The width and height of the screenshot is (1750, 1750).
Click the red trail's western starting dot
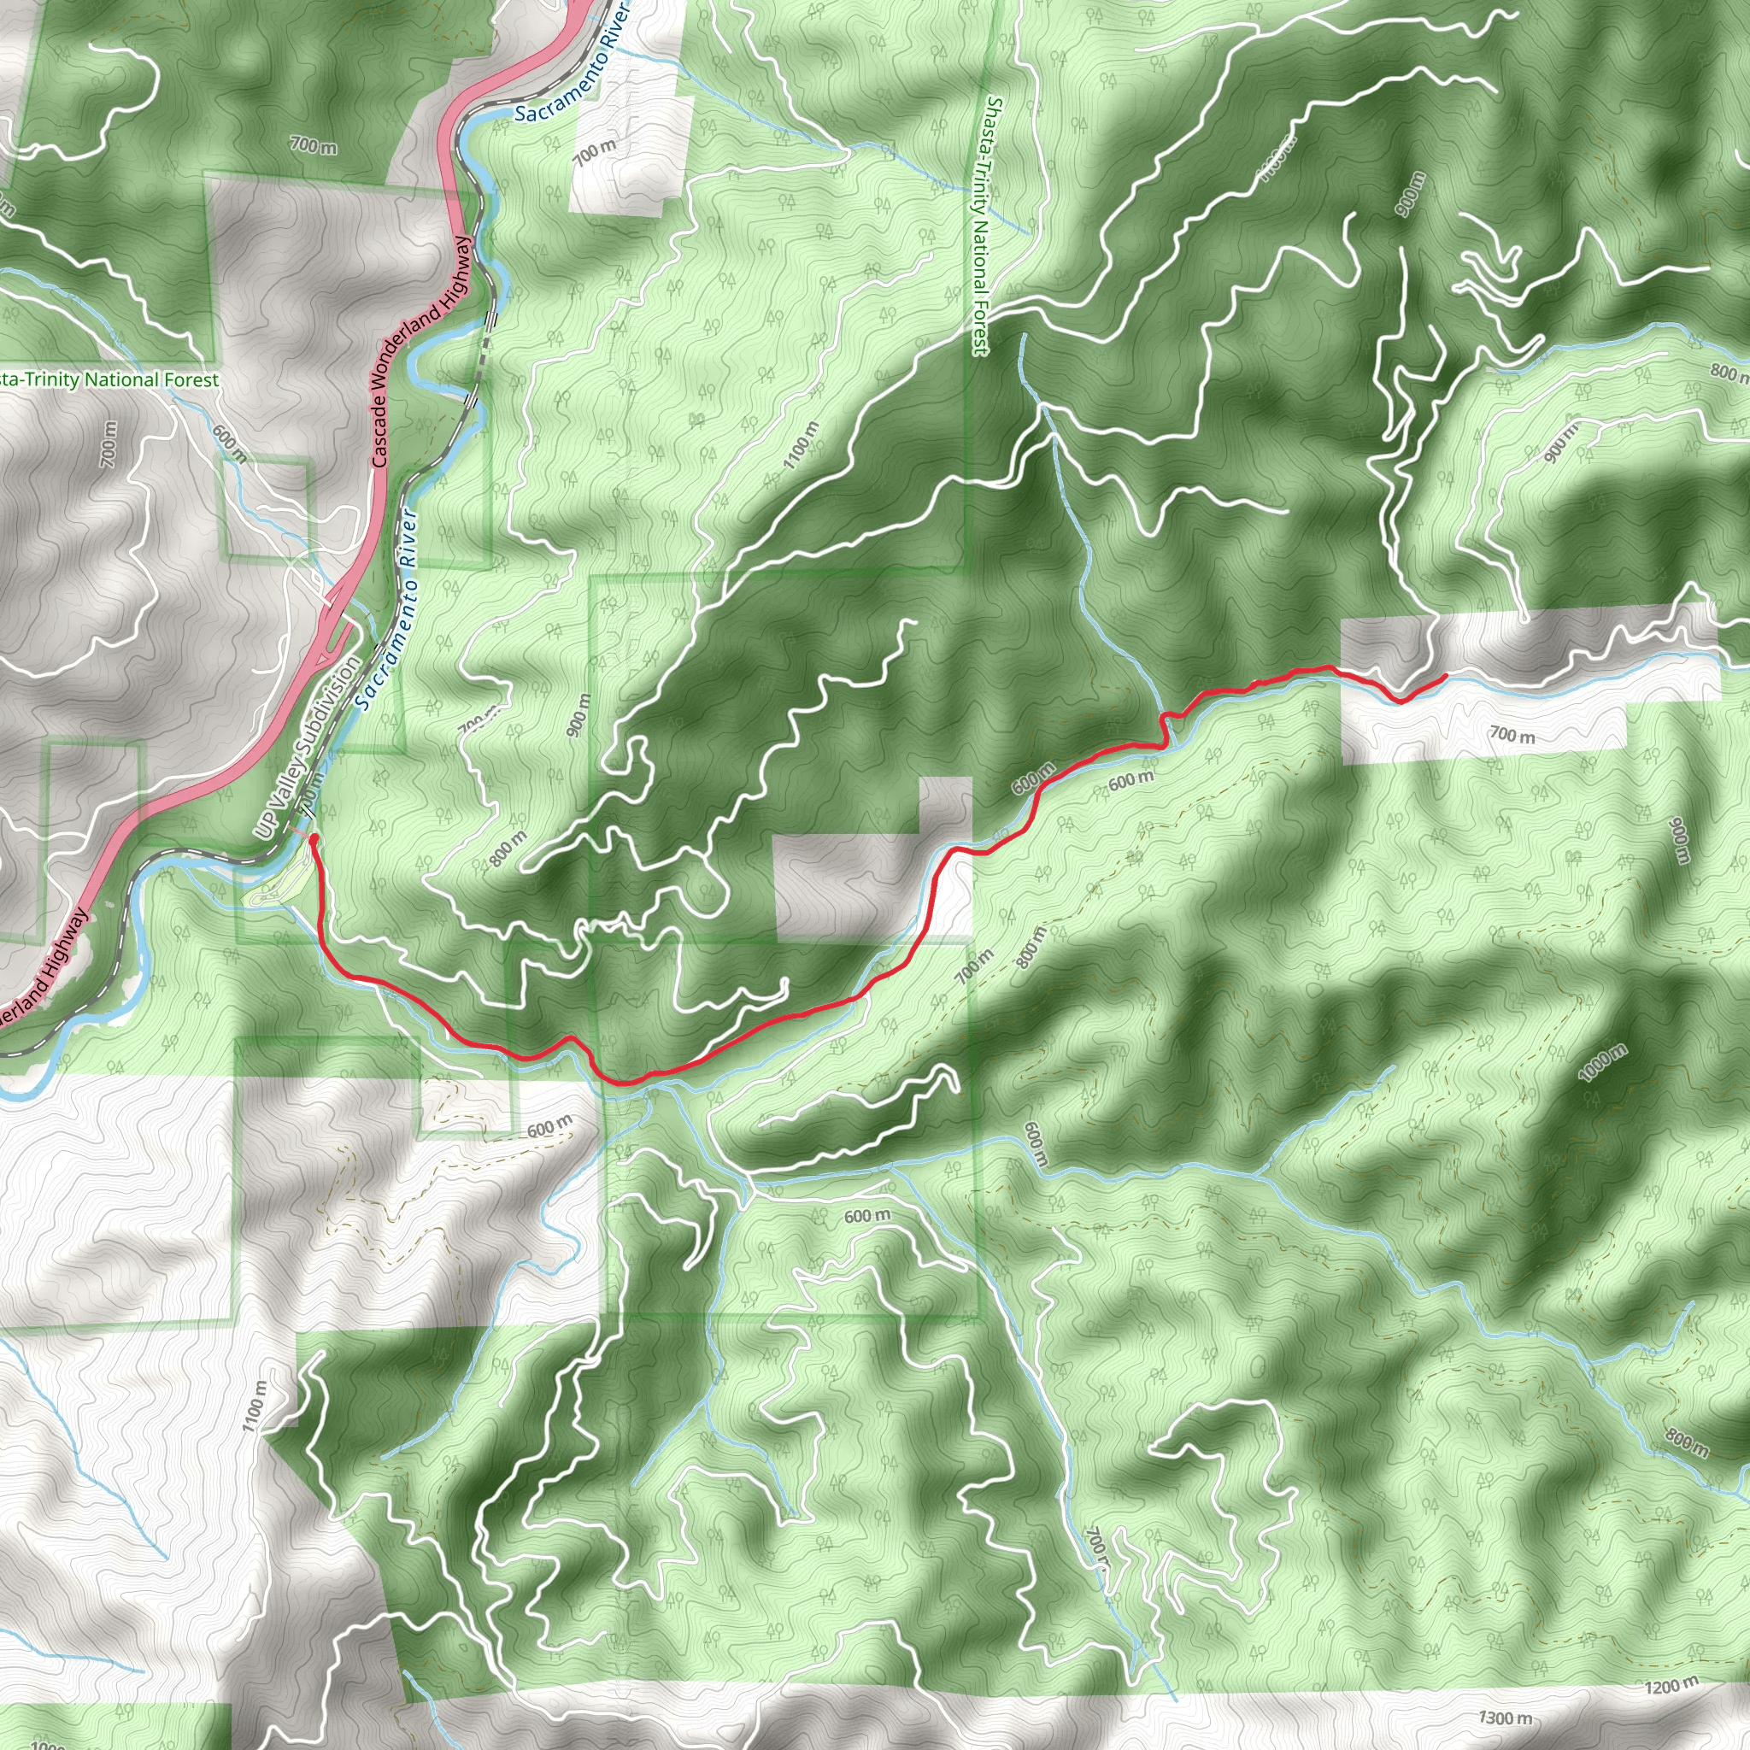[x=314, y=841]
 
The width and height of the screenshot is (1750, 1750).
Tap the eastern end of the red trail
[x=1444, y=676]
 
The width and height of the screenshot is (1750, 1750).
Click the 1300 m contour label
[x=1506, y=1718]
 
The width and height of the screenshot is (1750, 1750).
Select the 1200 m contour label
[x=1672, y=1687]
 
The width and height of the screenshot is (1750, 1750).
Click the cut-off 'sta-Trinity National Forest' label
[x=109, y=379]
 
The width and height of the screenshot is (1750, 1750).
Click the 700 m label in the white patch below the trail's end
[x=1512, y=735]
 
